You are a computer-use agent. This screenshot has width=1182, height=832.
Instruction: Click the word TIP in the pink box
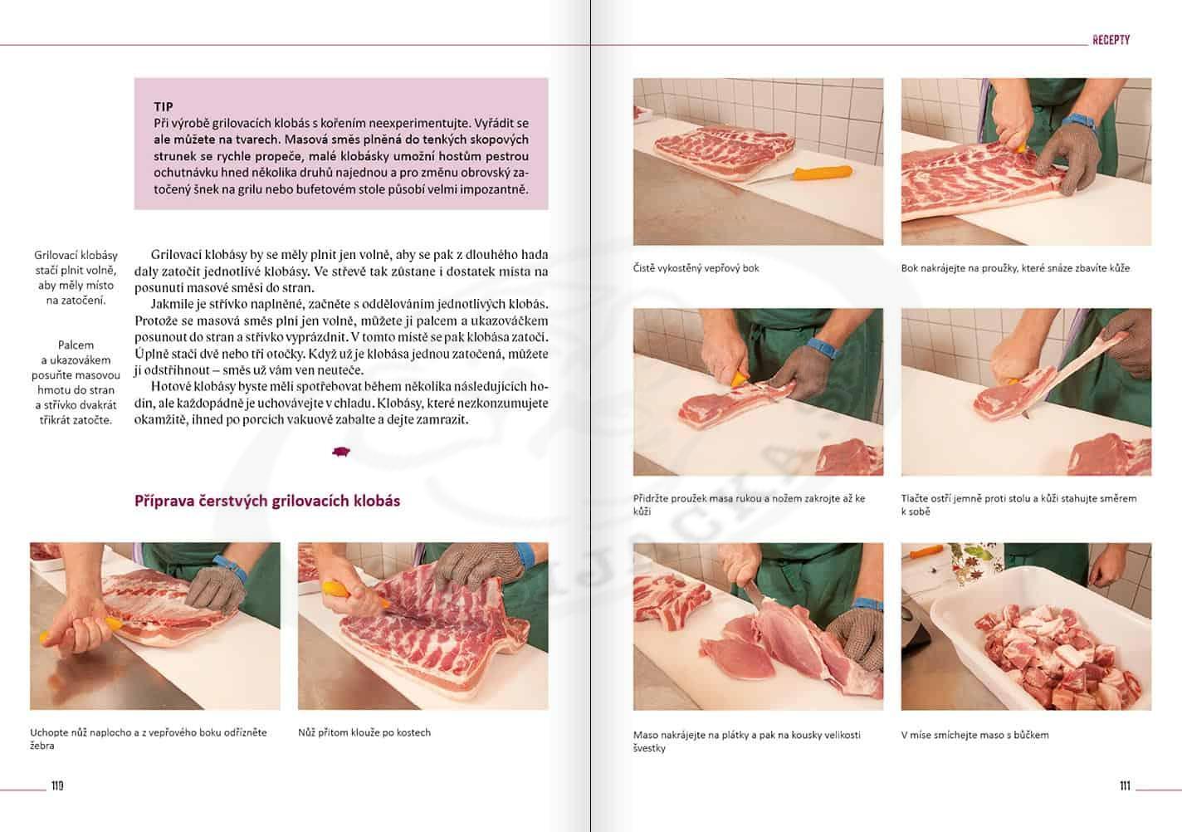pyautogui.click(x=164, y=107)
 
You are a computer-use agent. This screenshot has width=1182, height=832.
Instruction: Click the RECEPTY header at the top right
pyautogui.click(x=1111, y=40)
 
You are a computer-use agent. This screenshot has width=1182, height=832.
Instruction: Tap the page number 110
pyautogui.click(x=57, y=786)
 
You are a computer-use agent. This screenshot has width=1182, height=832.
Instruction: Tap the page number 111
pyautogui.click(x=1126, y=786)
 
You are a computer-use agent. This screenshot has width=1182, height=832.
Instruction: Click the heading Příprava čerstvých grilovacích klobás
pyautogui.click(x=267, y=501)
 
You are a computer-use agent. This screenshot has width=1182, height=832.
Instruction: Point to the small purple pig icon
pyautogui.click(x=340, y=452)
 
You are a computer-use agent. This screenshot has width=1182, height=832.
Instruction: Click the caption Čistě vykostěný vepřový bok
pyautogui.click(x=696, y=268)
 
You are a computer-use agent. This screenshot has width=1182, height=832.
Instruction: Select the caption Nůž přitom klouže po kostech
pyautogui.click(x=364, y=732)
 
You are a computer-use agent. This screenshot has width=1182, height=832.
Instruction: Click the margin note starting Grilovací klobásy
pyautogui.click(x=76, y=277)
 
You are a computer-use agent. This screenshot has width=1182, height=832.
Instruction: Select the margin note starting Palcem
pyautogui.click(x=76, y=382)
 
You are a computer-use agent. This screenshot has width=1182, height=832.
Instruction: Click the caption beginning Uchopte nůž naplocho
pyautogui.click(x=149, y=739)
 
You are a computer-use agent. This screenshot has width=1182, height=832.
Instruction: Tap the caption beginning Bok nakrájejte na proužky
pyautogui.click(x=1015, y=268)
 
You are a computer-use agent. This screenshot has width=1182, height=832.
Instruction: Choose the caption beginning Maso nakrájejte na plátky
pyautogui.click(x=746, y=741)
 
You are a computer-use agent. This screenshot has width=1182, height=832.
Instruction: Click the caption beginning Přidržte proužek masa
pyautogui.click(x=749, y=505)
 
